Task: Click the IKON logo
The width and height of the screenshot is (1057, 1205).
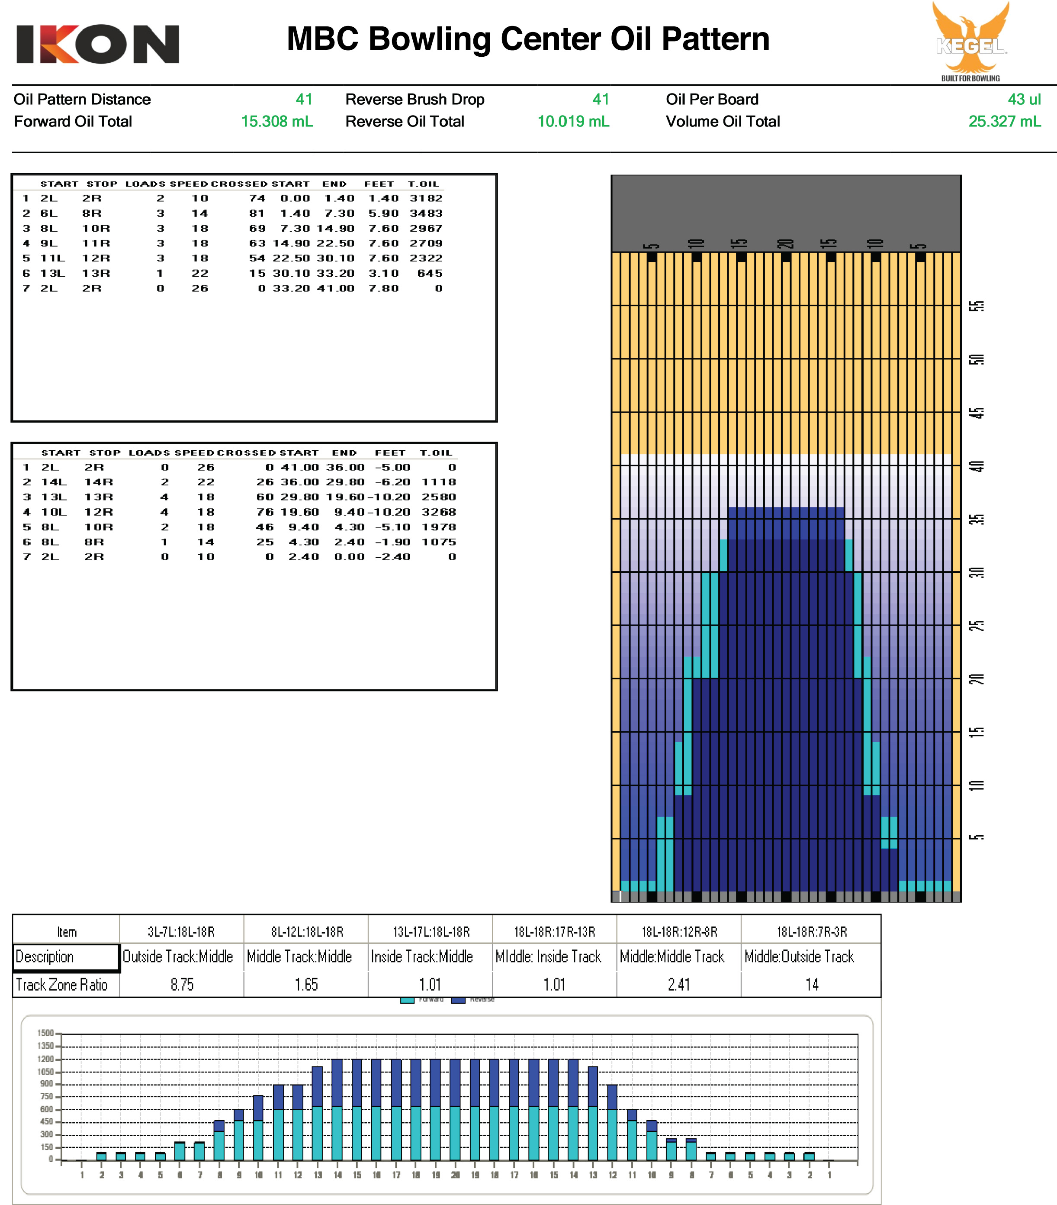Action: point(97,44)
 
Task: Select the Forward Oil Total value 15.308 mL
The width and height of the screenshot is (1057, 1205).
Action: point(277,121)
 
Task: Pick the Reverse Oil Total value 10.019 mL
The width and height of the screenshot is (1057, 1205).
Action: point(573,121)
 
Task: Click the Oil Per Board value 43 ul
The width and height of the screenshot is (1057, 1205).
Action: point(1024,99)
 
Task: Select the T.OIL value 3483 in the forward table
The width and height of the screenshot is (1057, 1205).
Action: point(426,213)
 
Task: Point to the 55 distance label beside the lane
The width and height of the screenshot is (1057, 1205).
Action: point(976,306)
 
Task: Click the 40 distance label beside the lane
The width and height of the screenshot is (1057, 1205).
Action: point(976,466)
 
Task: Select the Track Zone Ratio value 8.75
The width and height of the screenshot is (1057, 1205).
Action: point(182,985)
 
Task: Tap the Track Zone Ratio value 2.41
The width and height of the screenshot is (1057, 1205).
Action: point(679,985)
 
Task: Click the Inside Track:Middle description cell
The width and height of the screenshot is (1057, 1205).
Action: point(422,956)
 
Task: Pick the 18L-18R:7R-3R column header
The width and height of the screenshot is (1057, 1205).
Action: point(811,931)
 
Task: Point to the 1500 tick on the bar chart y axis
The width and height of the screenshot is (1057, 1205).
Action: point(45,1033)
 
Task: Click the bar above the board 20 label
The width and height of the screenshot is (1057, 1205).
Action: point(455,1109)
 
